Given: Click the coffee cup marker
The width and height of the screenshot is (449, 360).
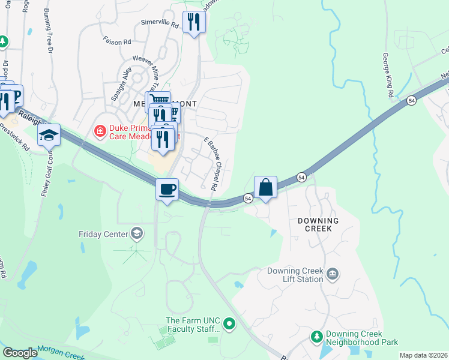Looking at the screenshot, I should click(x=167, y=190).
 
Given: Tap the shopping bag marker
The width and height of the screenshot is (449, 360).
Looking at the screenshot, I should click(x=265, y=187).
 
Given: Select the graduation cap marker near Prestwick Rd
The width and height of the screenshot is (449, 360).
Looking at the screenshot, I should click(x=49, y=135).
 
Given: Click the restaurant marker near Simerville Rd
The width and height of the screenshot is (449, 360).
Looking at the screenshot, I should click(x=194, y=23).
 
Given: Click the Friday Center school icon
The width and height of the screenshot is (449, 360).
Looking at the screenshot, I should click(x=137, y=233).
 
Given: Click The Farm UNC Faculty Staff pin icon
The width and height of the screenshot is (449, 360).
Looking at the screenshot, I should click(x=229, y=325).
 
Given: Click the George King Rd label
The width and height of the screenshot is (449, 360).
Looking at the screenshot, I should click(x=388, y=76).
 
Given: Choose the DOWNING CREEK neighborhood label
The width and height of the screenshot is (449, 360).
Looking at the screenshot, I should click(x=318, y=226).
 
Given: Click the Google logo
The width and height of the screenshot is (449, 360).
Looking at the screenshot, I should click(x=20, y=353).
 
